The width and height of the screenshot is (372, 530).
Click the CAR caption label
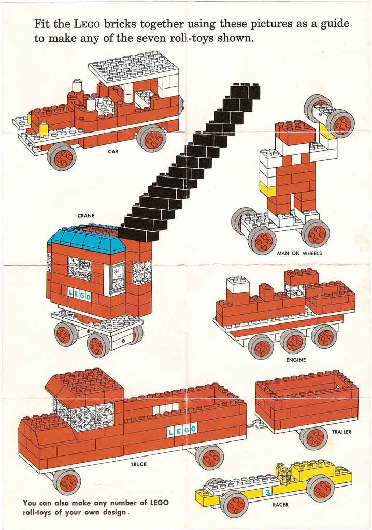(112, 152)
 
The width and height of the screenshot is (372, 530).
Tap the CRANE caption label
(85, 216)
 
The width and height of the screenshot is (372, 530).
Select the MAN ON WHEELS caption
(299, 253)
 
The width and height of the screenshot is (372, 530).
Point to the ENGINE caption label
(296, 360)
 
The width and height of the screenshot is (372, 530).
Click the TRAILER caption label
(341, 432)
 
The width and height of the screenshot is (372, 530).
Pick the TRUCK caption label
(138, 464)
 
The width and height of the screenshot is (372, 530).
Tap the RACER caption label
(280, 504)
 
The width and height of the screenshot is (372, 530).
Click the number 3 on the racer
(267, 492)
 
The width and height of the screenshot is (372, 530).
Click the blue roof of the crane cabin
(85, 240)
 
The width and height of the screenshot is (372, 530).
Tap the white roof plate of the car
(133, 68)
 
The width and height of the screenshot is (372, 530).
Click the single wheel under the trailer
(314, 437)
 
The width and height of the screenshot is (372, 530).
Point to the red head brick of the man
(295, 133)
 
